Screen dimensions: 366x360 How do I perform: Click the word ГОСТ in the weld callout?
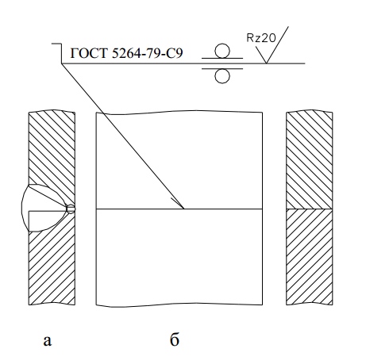[x=89, y=53]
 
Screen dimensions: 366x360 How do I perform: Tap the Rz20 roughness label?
[x=261, y=38]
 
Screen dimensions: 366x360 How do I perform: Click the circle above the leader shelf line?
[x=222, y=51]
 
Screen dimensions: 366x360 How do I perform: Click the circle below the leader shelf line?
[x=222, y=76]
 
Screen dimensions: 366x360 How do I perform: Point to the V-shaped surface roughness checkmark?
[x=272, y=46]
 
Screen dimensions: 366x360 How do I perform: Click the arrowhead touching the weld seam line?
[x=178, y=203]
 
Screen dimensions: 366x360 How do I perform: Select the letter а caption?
[x=47, y=341]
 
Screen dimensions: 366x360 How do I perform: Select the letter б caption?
[x=175, y=339]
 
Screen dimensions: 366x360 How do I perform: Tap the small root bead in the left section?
[x=71, y=209]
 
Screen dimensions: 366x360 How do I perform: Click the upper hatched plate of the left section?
[x=52, y=148]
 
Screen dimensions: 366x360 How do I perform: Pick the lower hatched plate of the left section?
[x=52, y=264]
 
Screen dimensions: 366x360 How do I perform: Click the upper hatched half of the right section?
[x=310, y=160]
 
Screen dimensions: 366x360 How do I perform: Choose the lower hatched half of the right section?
[x=310, y=257]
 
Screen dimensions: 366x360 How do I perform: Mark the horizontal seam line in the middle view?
[x=179, y=209]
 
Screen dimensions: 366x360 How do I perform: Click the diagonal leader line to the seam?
[x=123, y=136]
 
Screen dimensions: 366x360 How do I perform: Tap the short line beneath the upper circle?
[x=222, y=58]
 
